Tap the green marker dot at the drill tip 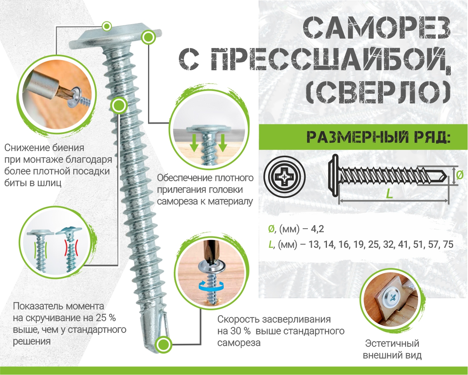164,345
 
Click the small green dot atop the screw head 106,26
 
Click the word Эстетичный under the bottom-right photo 392,344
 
